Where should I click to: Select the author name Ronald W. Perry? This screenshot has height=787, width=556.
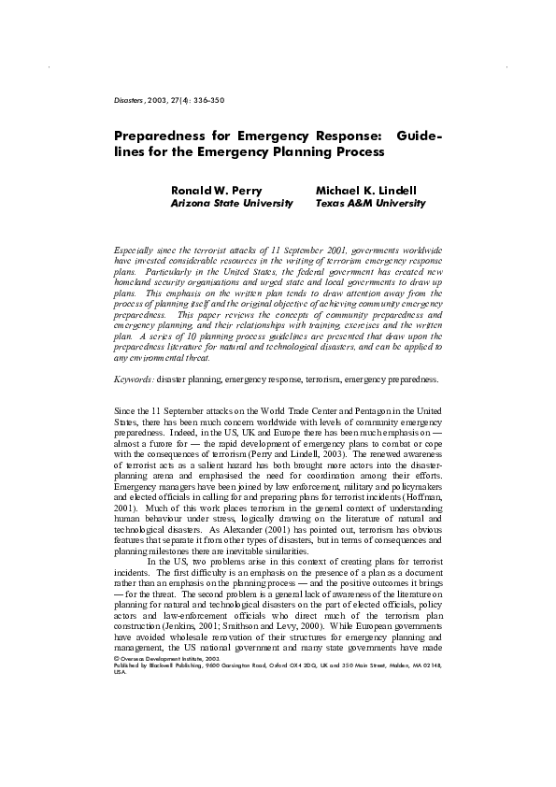[x=216, y=191]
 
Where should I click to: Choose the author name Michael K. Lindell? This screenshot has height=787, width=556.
[x=365, y=191]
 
